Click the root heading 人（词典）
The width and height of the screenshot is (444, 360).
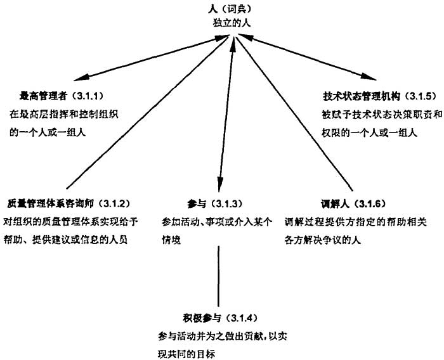[234, 9]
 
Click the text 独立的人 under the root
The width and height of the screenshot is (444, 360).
[233, 23]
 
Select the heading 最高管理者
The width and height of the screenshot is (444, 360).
[42, 96]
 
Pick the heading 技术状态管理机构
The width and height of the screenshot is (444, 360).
[353, 96]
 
